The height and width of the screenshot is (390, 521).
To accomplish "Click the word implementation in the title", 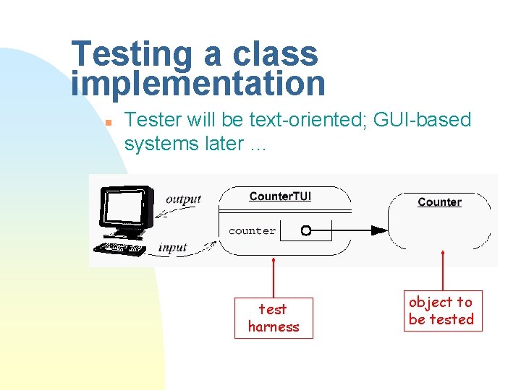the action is (198, 84).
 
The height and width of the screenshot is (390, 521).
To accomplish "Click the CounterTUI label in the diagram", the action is (280, 196).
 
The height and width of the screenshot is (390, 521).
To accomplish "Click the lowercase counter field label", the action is (252, 231).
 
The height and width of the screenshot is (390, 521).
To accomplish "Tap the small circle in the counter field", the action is (305, 231).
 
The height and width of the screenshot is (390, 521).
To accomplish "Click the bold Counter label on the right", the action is (439, 202).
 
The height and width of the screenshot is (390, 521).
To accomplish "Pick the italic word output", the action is (183, 199).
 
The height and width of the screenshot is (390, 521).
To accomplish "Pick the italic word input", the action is (173, 248).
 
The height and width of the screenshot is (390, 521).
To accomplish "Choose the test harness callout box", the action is (274, 318).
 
